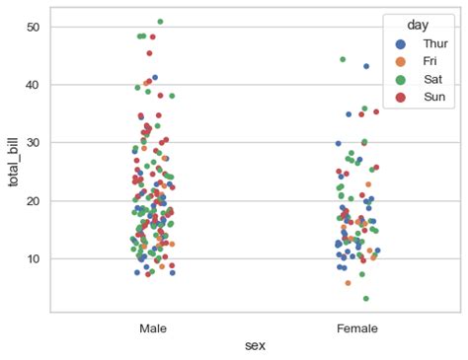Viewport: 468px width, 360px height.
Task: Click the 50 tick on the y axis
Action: click(x=33, y=27)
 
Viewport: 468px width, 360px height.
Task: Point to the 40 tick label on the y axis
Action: click(x=33, y=85)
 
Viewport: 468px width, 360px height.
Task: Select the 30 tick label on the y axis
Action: click(x=33, y=143)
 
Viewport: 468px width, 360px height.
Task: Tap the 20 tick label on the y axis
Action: click(x=33, y=200)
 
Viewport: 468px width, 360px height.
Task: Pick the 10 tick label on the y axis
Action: click(x=33, y=258)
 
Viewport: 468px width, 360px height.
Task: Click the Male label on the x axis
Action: click(x=153, y=326)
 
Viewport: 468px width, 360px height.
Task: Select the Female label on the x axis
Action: click(x=357, y=326)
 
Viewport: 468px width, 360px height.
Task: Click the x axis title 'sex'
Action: click(x=256, y=345)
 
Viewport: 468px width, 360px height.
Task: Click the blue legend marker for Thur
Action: click(x=400, y=44)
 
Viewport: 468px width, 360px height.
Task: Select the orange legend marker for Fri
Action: click(x=400, y=61)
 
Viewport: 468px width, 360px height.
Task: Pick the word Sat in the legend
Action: click(x=431, y=78)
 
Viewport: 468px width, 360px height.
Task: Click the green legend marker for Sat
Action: click(x=400, y=78)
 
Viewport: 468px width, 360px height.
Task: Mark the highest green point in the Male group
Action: click(x=160, y=21)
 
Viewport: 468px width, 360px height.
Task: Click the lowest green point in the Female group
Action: click(x=365, y=298)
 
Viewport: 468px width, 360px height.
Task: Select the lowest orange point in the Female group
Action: click(x=348, y=283)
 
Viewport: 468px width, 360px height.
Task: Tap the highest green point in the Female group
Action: click(x=343, y=59)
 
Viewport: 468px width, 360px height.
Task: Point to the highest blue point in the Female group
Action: click(x=366, y=66)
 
